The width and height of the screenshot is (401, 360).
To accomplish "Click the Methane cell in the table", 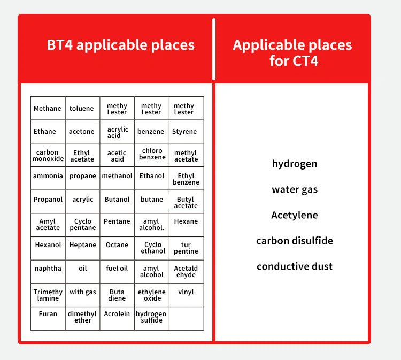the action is pos(48,108).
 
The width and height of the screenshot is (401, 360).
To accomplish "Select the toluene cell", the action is pos(82,108).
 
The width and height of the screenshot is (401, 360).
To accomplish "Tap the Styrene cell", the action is pos(187,132).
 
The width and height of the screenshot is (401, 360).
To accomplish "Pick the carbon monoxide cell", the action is pos(48,155).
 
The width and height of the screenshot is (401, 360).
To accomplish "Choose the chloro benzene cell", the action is pos(152,155).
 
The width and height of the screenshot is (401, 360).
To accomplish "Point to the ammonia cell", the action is pos(48,178).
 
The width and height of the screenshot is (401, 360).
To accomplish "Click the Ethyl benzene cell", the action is pos(187,178).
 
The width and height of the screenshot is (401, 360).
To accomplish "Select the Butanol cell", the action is pos(117,202).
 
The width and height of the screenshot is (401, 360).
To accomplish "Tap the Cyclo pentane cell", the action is pos(82,225).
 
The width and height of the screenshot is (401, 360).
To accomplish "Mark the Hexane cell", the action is pos(187,225).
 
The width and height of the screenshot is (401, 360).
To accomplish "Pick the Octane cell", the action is pos(117,248).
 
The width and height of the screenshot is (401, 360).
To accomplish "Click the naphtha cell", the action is pos(48,272).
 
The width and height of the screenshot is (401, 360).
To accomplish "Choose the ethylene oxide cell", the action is pos(152,295).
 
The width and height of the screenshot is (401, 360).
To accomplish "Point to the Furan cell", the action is pos(48,318).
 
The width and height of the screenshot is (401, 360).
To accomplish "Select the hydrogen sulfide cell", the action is pos(152,318).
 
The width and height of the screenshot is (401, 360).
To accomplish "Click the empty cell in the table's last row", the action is pos(187,318).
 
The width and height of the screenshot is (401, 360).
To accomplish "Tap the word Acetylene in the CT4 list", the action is pos(295,215).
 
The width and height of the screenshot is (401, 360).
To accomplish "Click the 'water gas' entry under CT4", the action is pos(295,189).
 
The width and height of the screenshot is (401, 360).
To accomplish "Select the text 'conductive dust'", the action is pos(295,266).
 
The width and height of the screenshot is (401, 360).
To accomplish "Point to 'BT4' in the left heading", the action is pos(60,45).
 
